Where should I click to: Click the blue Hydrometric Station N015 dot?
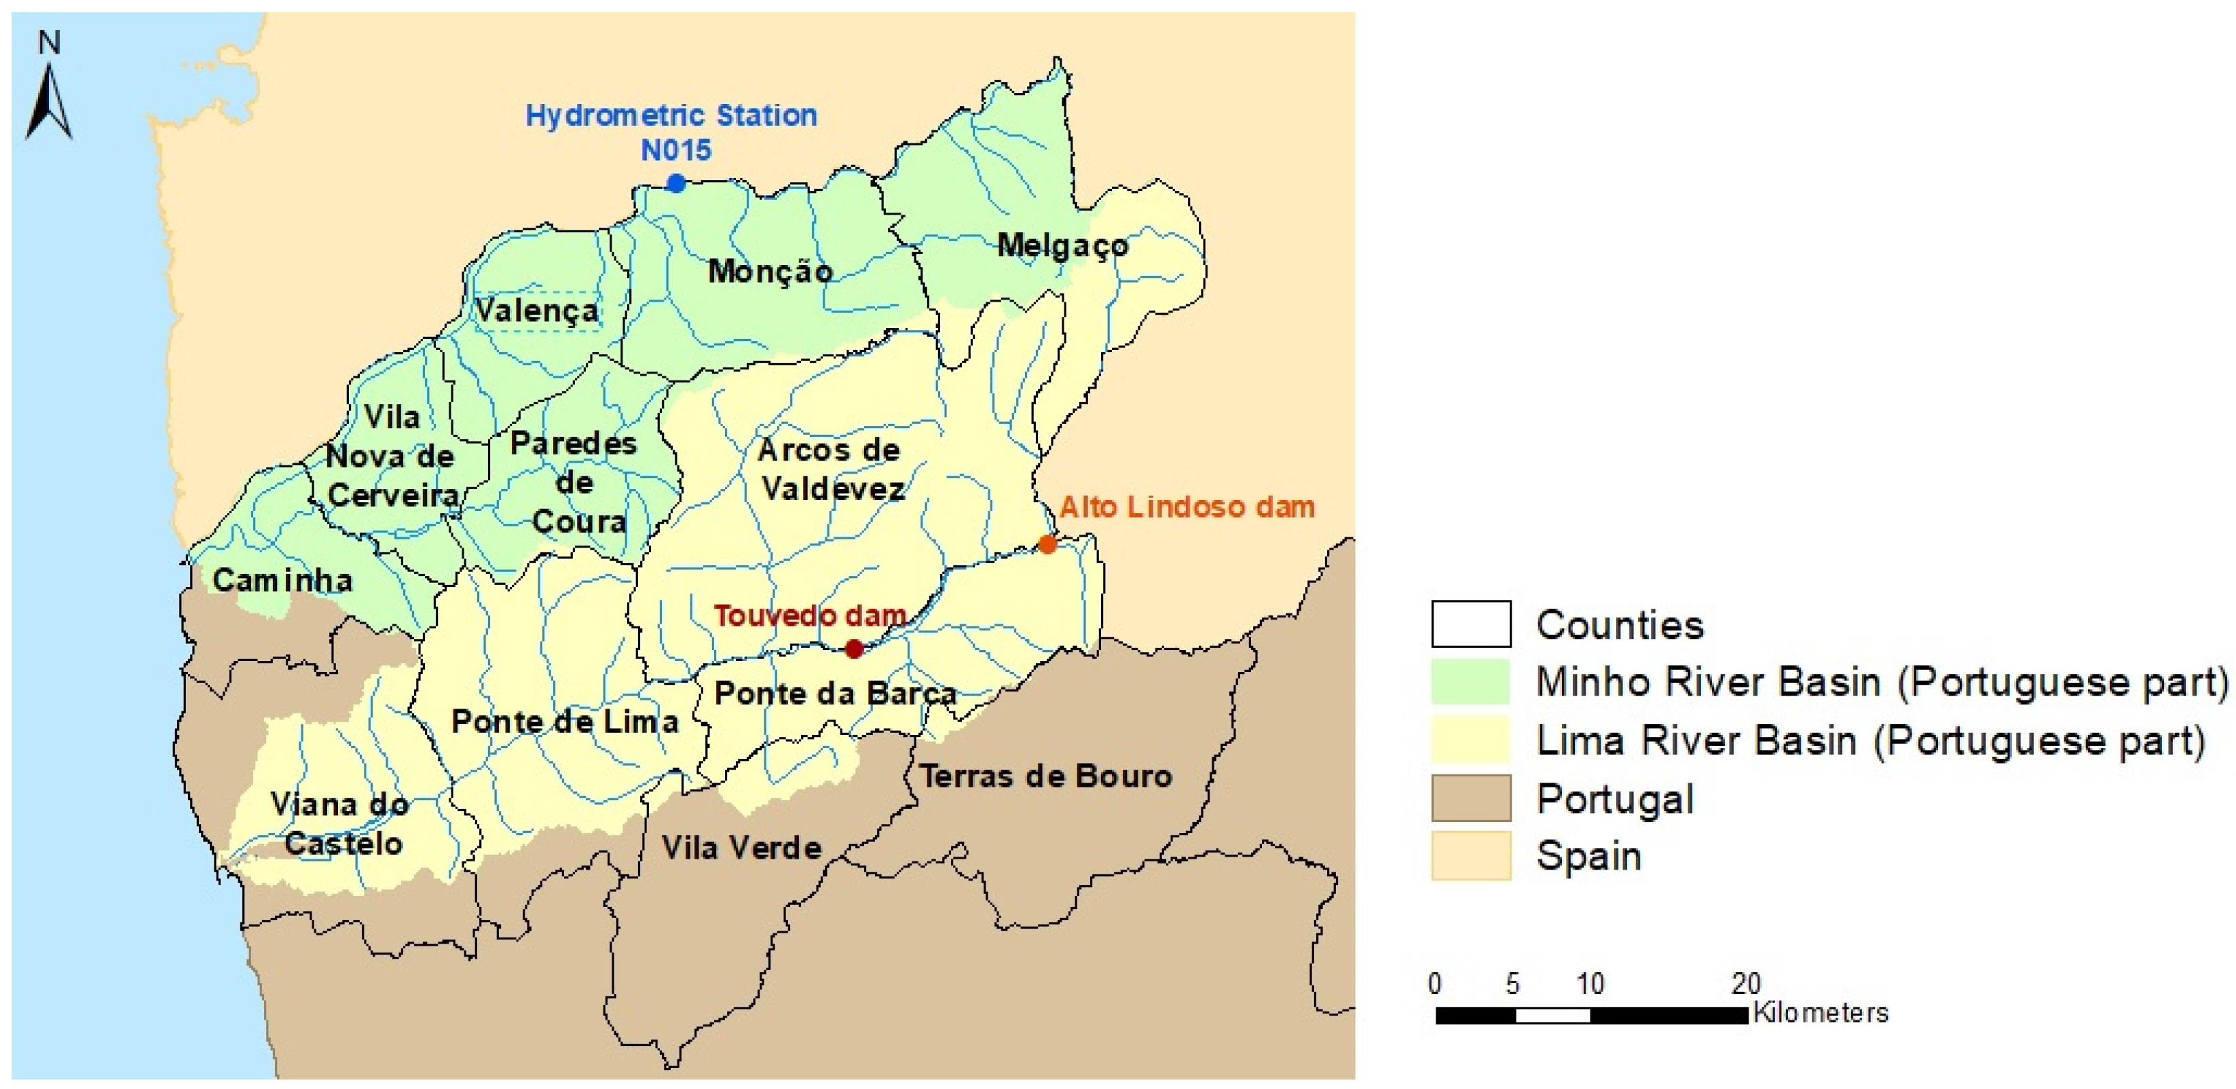coord(675,183)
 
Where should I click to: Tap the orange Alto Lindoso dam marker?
coord(1047,545)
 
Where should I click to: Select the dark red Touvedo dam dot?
coord(854,649)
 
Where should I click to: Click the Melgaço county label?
coord(1062,246)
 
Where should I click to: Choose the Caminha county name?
coord(283,580)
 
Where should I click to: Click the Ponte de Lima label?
coord(565,721)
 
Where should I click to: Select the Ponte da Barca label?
coord(835,693)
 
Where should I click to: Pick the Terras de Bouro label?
coord(1045,776)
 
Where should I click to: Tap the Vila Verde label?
coord(741,848)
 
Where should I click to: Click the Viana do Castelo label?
coord(340,823)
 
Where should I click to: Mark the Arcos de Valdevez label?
coord(830,469)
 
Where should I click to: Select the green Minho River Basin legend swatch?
coord(1470,681)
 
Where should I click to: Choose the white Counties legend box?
coord(1470,624)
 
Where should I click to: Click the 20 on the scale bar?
coord(1746,983)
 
